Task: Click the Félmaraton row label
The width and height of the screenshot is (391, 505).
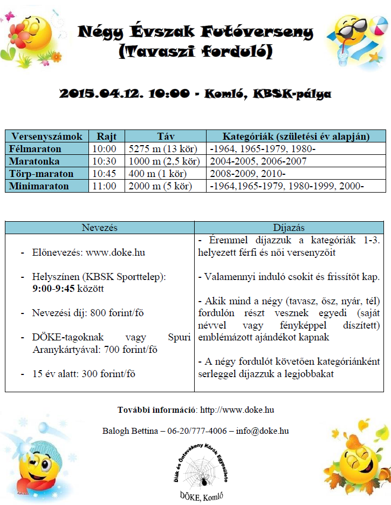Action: tap(36, 148)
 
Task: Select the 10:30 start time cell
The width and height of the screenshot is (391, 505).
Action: tap(104, 161)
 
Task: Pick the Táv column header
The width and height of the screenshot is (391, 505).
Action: tap(164, 136)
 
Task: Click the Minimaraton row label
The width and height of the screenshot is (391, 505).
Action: tap(40, 186)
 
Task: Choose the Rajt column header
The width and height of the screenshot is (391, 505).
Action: tap(106, 136)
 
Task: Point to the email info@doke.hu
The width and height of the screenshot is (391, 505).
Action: tap(262, 431)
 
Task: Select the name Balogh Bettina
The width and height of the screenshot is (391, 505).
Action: tap(127, 431)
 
